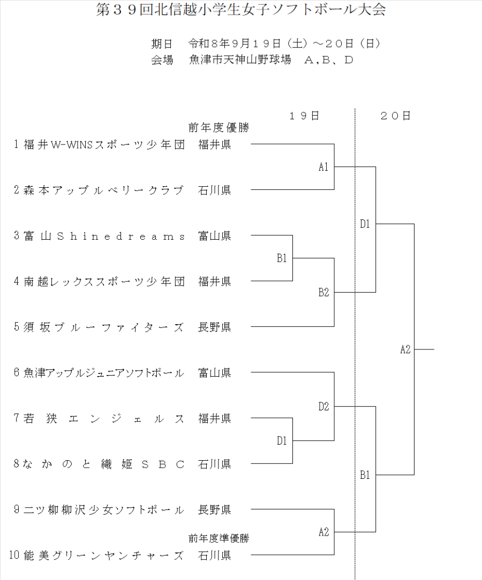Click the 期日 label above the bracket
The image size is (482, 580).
(162, 44)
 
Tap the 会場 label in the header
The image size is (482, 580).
(162, 60)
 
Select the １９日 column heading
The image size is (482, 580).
(304, 116)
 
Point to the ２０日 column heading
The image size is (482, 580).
(395, 116)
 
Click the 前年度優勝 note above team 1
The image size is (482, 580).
(219, 128)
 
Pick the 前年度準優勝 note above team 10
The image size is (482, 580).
(219, 538)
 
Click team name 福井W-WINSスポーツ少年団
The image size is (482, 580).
(104, 144)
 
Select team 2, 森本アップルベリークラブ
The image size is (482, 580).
(104, 190)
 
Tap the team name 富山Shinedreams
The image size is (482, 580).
(104, 236)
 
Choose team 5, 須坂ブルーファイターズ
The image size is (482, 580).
(104, 327)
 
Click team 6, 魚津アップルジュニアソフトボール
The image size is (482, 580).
(104, 373)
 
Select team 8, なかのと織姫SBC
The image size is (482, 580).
(104, 464)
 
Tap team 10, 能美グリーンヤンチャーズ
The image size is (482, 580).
(103, 555)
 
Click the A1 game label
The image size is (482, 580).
(323, 167)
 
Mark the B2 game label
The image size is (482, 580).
(323, 293)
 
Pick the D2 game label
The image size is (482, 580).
(323, 407)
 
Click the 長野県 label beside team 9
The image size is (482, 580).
(215, 510)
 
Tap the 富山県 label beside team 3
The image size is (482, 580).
(215, 236)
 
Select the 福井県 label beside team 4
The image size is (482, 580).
(215, 281)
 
